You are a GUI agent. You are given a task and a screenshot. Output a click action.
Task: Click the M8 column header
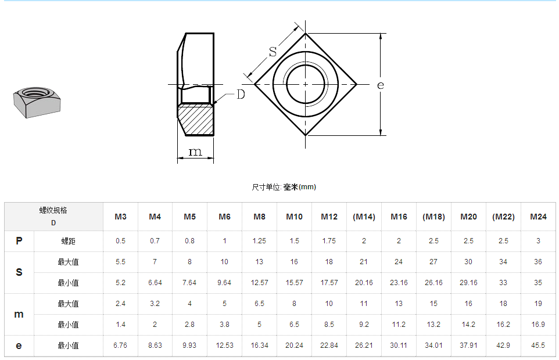point(259,217)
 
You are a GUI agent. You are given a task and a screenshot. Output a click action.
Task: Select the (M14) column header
point(364,217)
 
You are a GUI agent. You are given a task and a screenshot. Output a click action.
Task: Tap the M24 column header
point(538,217)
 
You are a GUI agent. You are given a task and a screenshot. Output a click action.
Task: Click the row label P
point(19,241)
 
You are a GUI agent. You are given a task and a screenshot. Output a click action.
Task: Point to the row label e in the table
point(19,345)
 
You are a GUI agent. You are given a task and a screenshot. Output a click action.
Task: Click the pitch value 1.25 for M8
point(259,241)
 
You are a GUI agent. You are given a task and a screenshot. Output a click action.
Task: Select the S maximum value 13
point(259,262)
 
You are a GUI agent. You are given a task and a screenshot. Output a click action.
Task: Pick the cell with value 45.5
point(538,345)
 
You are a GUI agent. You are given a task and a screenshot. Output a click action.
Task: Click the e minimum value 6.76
point(120,345)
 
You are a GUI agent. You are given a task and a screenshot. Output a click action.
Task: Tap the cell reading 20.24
point(294,345)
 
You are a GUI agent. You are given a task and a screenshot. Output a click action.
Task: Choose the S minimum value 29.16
point(468,283)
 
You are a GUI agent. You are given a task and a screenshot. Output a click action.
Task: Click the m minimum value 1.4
point(120,325)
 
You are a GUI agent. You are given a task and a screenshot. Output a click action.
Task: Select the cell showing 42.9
point(503,345)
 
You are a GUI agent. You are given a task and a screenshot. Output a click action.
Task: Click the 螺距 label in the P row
point(69,241)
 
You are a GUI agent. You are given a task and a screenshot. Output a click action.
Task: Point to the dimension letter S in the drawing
point(273,51)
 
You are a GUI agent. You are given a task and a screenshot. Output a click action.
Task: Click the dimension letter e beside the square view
point(380,85)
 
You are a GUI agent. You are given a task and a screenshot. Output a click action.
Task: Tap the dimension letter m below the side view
point(196,152)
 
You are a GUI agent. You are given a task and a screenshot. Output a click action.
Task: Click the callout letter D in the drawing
point(241,94)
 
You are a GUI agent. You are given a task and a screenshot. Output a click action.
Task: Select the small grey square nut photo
point(37,102)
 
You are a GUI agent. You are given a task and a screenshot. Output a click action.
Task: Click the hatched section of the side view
point(196,119)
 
